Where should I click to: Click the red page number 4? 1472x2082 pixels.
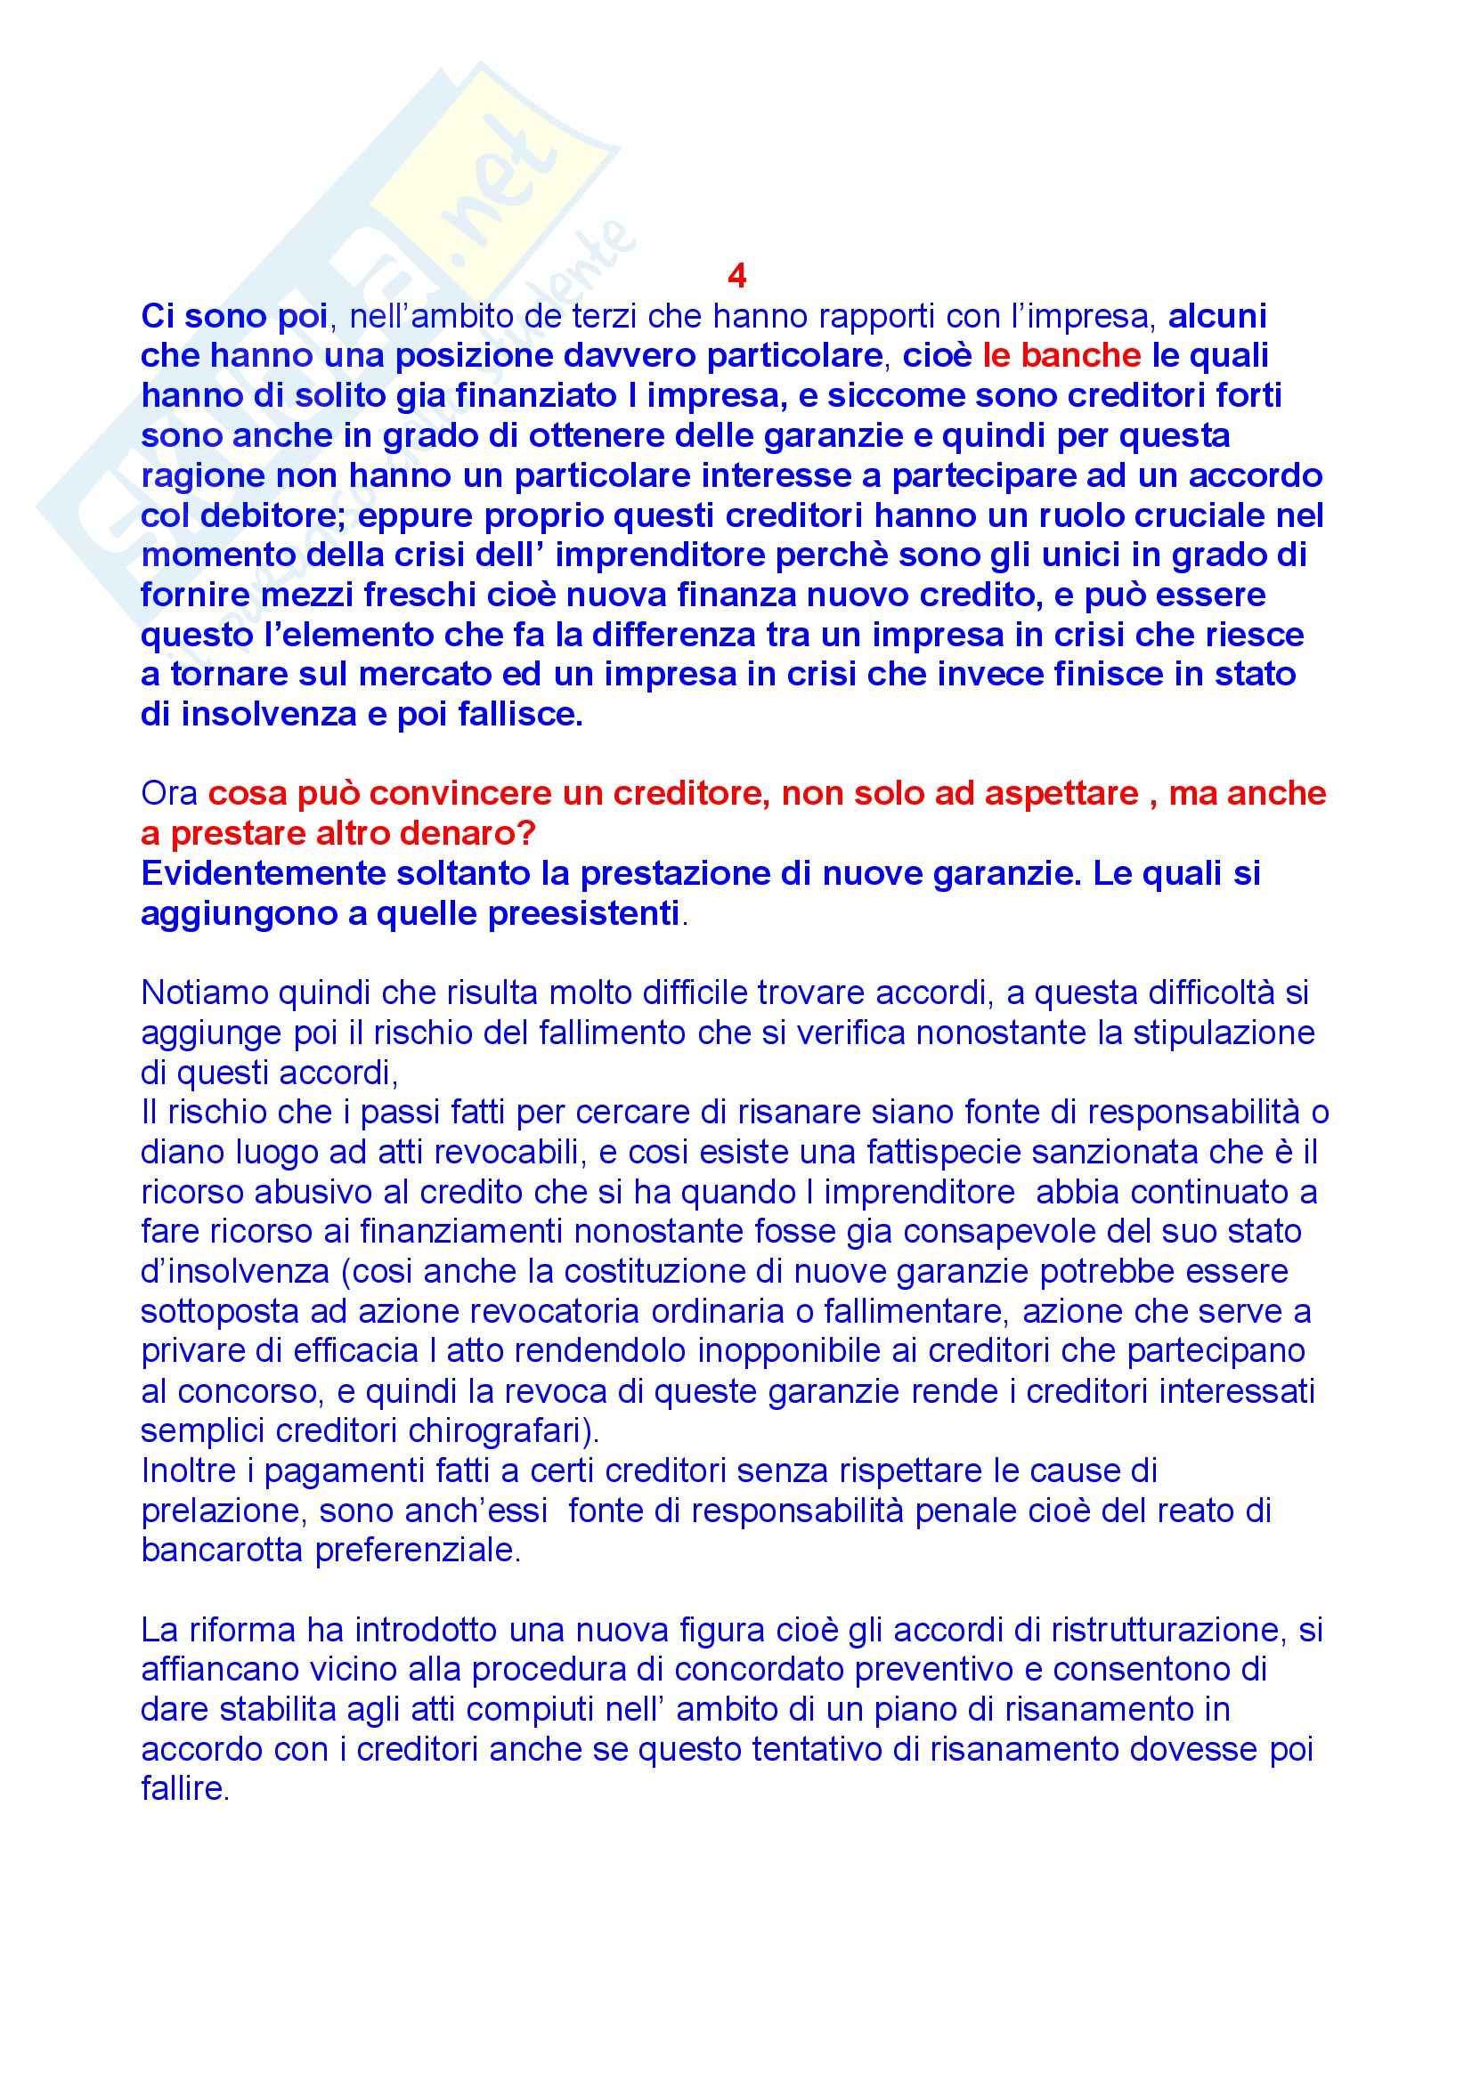pos(736,276)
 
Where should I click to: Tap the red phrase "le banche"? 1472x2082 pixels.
pos(1061,355)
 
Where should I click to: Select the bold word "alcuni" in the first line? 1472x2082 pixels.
pos(1217,316)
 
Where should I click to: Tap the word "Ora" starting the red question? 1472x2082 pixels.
pos(169,793)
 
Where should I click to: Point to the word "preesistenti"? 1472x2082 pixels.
pos(583,913)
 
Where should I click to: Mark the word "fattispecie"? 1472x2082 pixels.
pos(956,1152)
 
